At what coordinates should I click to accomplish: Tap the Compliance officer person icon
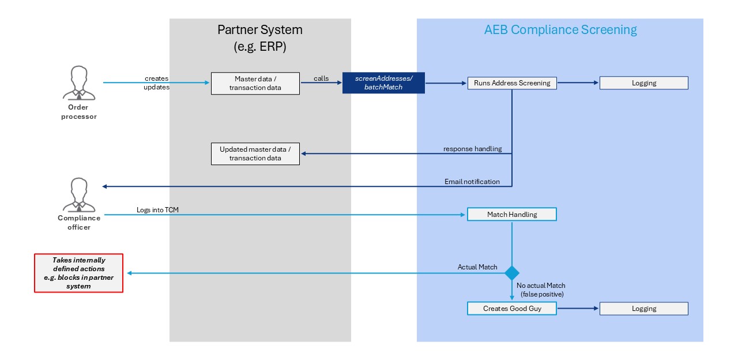pyautogui.click(x=79, y=195)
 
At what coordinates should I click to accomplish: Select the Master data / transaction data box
pyautogui.click(x=255, y=83)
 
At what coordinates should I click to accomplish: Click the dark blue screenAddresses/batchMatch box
pyautogui.click(x=383, y=82)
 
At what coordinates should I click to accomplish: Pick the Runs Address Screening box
pyautogui.click(x=512, y=83)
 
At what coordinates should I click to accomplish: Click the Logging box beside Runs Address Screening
pyautogui.click(x=643, y=83)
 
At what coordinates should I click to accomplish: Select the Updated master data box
pyautogui.click(x=255, y=153)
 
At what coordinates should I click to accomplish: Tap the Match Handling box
pyautogui.click(x=512, y=215)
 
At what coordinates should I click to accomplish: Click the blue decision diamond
pyautogui.click(x=512, y=272)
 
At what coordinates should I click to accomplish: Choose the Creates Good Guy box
pyautogui.click(x=512, y=309)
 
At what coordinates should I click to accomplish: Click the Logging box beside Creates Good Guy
pyautogui.click(x=643, y=309)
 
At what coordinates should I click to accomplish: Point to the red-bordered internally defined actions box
pyautogui.click(x=79, y=273)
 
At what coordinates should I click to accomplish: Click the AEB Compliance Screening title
pyautogui.click(x=560, y=30)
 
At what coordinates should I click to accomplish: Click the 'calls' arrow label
pyautogui.click(x=321, y=78)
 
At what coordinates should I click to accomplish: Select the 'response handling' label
pyautogui.click(x=472, y=149)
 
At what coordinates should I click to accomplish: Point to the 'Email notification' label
pyautogui.click(x=472, y=182)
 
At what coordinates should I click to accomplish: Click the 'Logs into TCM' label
pyautogui.click(x=157, y=210)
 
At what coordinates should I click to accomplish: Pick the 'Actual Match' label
pyautogui.click(x=477, y=267)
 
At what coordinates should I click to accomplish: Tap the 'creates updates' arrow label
pyautogui.click(x=157, y=82)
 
